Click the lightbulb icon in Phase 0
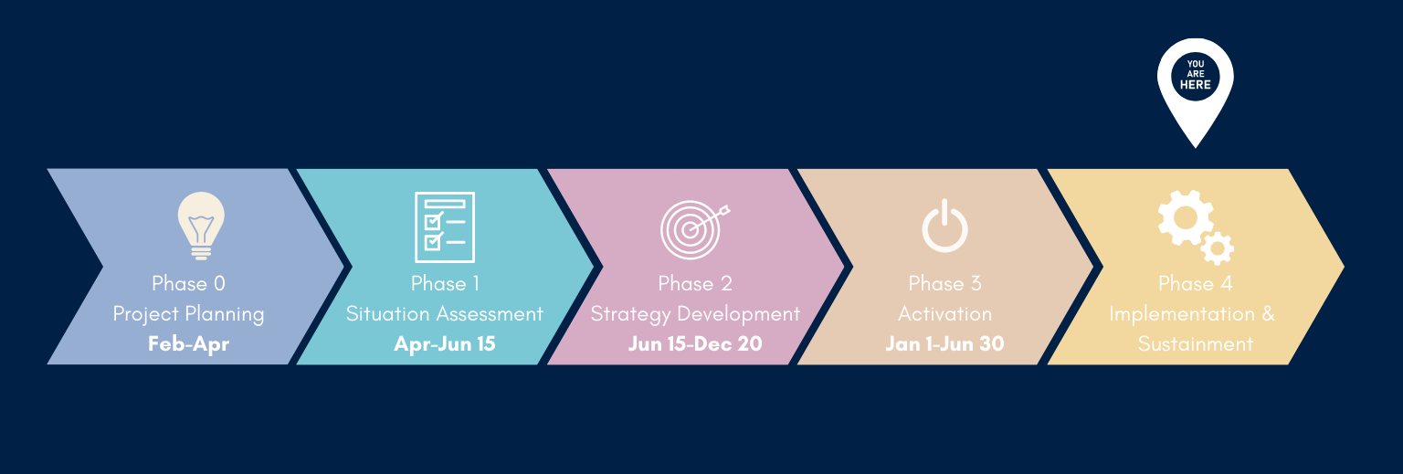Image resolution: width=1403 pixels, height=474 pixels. click(x=201, y=226)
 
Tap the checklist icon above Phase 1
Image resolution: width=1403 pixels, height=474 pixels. click(x=445, y=226)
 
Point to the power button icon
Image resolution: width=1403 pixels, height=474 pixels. click(x=944, y=226)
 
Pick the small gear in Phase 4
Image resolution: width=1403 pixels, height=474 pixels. click(x=1218, y=248)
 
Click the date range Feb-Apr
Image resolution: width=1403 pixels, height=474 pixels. click(x=188, y=343)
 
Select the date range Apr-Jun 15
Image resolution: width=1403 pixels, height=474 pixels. click(x=445, y=343)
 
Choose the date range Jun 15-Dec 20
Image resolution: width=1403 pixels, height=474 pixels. click(x=695, y=343)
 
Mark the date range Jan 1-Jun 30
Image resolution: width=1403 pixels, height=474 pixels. click(x=944, y=343)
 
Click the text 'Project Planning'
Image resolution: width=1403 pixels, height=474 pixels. click(x=188, y=313)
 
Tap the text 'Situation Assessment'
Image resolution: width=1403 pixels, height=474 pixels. click(x=445, y=313)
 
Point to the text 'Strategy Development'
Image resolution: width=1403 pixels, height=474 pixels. click(x=695, y=313)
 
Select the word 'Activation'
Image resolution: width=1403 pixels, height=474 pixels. click(x=944, y=313)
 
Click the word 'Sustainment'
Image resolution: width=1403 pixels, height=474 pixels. click(x=1195, y=343)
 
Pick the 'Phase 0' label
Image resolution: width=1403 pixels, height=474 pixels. click(x=188, y=284)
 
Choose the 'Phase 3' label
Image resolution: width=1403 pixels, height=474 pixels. click(x=944, y=284)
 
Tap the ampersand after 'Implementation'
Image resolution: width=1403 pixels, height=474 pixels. click(x=1269, y=313)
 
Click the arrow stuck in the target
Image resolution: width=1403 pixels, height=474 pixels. click(x=710, y=218)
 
